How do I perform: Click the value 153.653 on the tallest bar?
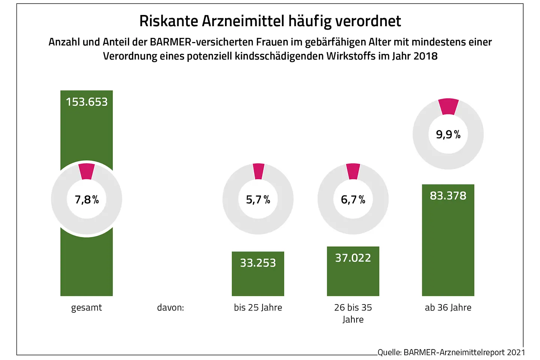[x=87, y=102]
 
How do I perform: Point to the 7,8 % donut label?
[x=87, y=199]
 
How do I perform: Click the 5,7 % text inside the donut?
[x=258, y=199]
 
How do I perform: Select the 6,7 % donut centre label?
[x=353, y=199]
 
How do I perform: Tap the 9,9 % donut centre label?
[x=448, y=134]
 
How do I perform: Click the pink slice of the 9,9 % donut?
[x=448, y=106]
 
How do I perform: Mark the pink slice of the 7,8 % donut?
[x=87, y=171]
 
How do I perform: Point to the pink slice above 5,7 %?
[x=258, y=171]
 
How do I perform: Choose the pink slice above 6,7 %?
[x=353, y=171]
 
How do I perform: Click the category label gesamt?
[x=87, y=307]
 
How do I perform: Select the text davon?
[x=170, y=308]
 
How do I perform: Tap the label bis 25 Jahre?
[x=258, y=307]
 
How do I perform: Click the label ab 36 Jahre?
[x=448, y=307]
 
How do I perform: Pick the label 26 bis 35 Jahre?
[x=353, y=313]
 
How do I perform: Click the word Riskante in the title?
[x=168, y=21]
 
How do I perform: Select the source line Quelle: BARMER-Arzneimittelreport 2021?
[x=451, y=352]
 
